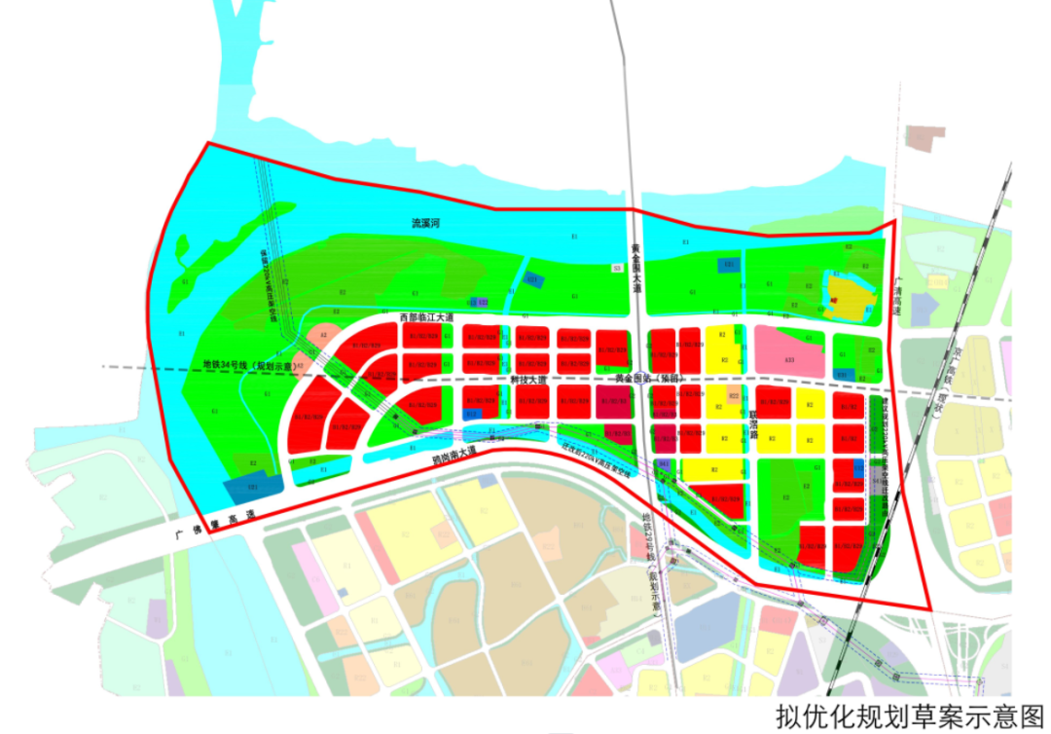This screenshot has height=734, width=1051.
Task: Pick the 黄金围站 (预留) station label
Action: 648,379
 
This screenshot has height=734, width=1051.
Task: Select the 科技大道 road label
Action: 528,379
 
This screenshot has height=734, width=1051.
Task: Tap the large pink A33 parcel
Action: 790,354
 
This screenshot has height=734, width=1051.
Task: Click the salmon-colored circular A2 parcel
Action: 322,338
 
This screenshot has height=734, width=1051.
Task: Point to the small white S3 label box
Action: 616,267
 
